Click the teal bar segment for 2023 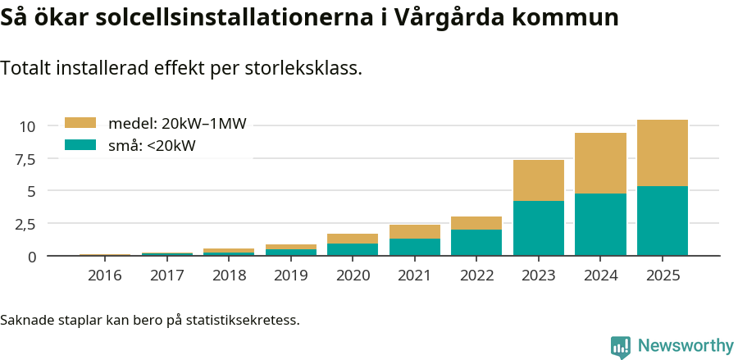pos(539,228)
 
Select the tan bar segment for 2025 pos(663,153)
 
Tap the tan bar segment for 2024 pos(600,163)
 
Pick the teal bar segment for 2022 pos(476,242)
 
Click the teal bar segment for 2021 pos(414,247)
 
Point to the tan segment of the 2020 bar pos(353,239)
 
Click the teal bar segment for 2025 pos(663,221)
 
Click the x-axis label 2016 pos(104,276)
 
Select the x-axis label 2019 pos(290,276)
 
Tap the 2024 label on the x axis pos(600,276)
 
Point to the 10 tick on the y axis pos(28,126)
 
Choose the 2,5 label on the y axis pos(25,224)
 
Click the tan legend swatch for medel pos(80,123)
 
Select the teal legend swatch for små pos(80,145)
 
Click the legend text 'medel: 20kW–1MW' pos(177,124)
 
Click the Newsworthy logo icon pos(621,346)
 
